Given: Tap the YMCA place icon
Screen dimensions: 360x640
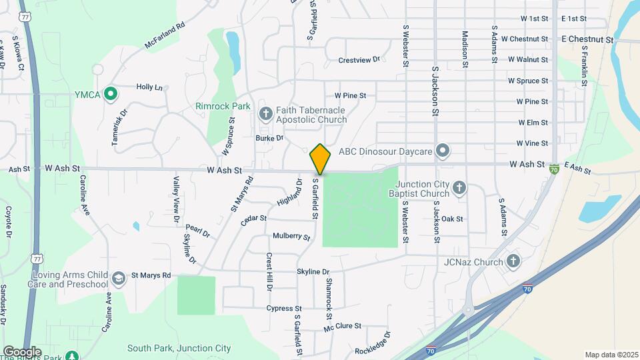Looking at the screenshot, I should click(111, 94).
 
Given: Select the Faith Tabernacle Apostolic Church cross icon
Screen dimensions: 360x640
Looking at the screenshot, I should click(265, 113).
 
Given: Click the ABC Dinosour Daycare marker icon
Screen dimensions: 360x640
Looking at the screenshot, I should click(441, 151).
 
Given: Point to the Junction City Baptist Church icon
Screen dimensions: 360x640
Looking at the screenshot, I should click(459, 189).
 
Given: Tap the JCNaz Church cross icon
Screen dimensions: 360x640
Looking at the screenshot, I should click(513, 261).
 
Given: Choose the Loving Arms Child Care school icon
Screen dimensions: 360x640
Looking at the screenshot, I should click(119, 279).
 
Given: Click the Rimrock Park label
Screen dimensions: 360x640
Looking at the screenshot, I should click(222, 106).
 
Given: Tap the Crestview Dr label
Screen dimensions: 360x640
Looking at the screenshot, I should click(359, 60).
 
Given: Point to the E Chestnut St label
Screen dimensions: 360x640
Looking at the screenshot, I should click(587, 39).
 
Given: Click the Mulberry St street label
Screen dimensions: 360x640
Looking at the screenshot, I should click(291, 237).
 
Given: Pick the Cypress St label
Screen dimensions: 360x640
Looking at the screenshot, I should click(284, 308).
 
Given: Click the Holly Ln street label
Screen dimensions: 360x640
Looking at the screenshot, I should click(149, 87).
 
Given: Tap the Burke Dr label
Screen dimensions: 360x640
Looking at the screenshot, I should click(270, 138).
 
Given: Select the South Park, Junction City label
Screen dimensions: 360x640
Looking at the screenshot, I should click(179, 348).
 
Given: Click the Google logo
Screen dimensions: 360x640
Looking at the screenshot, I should click(22, 351).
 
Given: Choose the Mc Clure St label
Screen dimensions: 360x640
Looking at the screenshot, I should click(342, 327).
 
